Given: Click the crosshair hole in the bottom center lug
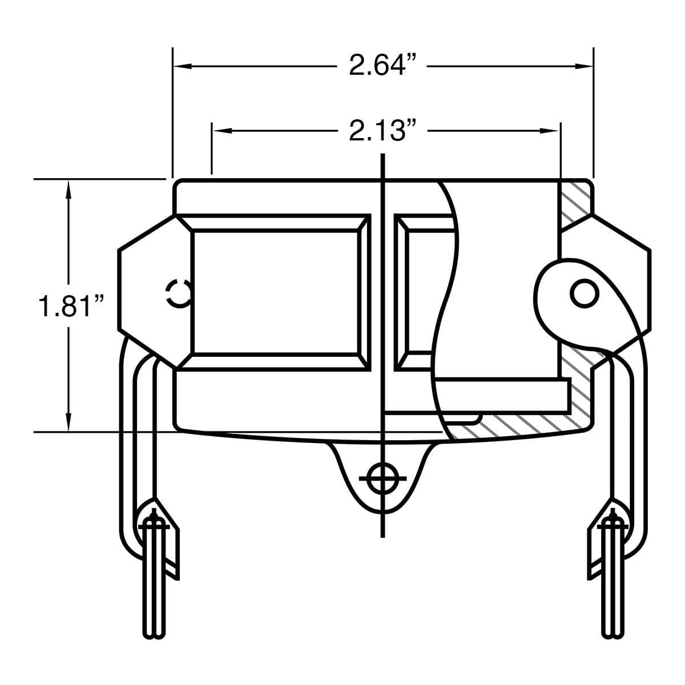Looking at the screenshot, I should pyautogui.click(x=382, y=478).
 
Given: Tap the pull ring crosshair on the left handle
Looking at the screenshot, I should pyautogui.click(x=152, y=522).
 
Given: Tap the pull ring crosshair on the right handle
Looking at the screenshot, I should pyautogui.click(x=614, y=522).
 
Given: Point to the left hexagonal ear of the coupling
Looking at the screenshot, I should pyautogui.click(x=146, y=291).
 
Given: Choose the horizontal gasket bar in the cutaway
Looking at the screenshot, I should pyautogui.click(x=502, y=396).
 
